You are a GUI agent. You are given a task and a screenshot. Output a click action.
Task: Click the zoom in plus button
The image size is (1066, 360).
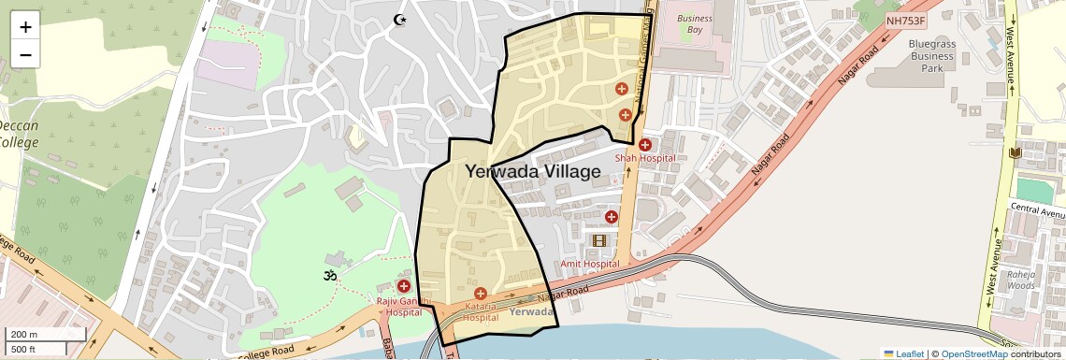click(25, 27)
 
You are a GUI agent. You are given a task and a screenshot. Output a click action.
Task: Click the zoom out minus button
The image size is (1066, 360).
click(25, 54)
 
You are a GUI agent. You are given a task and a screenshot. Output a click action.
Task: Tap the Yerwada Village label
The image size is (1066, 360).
click(533, 172)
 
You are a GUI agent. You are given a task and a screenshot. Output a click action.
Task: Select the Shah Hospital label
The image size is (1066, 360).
click(644, 158)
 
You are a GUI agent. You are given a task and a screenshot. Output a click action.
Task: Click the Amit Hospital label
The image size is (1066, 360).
click(591, 265)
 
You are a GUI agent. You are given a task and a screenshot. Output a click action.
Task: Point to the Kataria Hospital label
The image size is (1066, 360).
click(480, 311)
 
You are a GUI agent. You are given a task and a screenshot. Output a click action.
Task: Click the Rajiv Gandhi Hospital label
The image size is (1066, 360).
click(404, 307)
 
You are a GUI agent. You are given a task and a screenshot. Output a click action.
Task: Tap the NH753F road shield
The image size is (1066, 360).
click(906, 20)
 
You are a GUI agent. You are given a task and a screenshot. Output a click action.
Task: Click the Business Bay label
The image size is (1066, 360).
click(694, 23)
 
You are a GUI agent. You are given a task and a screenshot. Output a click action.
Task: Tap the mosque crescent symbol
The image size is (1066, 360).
click(400, 20)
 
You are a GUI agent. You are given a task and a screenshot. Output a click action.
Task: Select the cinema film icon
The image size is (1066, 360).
click(599, 241)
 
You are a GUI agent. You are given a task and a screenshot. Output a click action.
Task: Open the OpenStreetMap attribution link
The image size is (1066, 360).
click(973, 353)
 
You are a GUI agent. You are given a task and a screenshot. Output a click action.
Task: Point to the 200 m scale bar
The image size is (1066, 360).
click(44, 334)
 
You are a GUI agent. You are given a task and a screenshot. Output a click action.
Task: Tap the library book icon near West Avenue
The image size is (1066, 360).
click(1016, 152)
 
